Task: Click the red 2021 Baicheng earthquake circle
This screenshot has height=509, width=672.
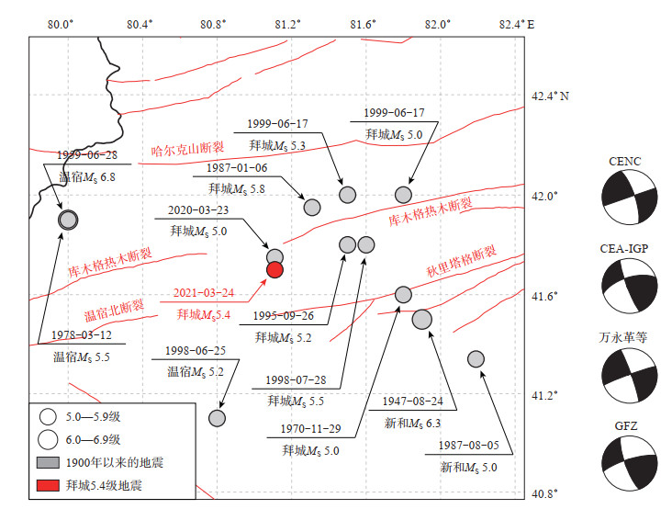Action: click(274, 268)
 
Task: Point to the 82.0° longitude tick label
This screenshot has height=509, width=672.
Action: click(438, 24)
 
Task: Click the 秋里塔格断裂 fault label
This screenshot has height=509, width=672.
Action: click(462, 261)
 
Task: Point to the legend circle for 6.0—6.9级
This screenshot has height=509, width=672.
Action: click(50, 438)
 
